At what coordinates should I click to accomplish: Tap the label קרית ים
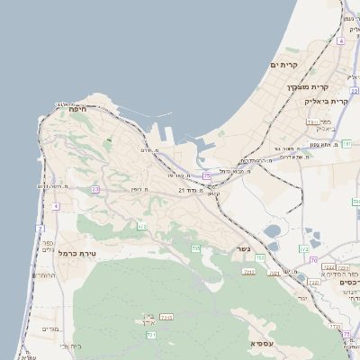pyautogui.click(x=283, y=66)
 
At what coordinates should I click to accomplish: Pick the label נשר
pyautogui.click(x=243, y=249)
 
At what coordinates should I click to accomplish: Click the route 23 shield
pyautogui.click(x=94, y=190)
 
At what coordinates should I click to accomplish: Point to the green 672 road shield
pyautogui.click(x=141, y=227)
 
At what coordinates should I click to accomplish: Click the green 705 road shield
pyautogui.click(x=195, y=247)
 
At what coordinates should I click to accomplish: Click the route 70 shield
pyautogui.click(x=313, y=260)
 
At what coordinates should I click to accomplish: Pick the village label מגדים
pyautogui.click(x=49, y=329)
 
